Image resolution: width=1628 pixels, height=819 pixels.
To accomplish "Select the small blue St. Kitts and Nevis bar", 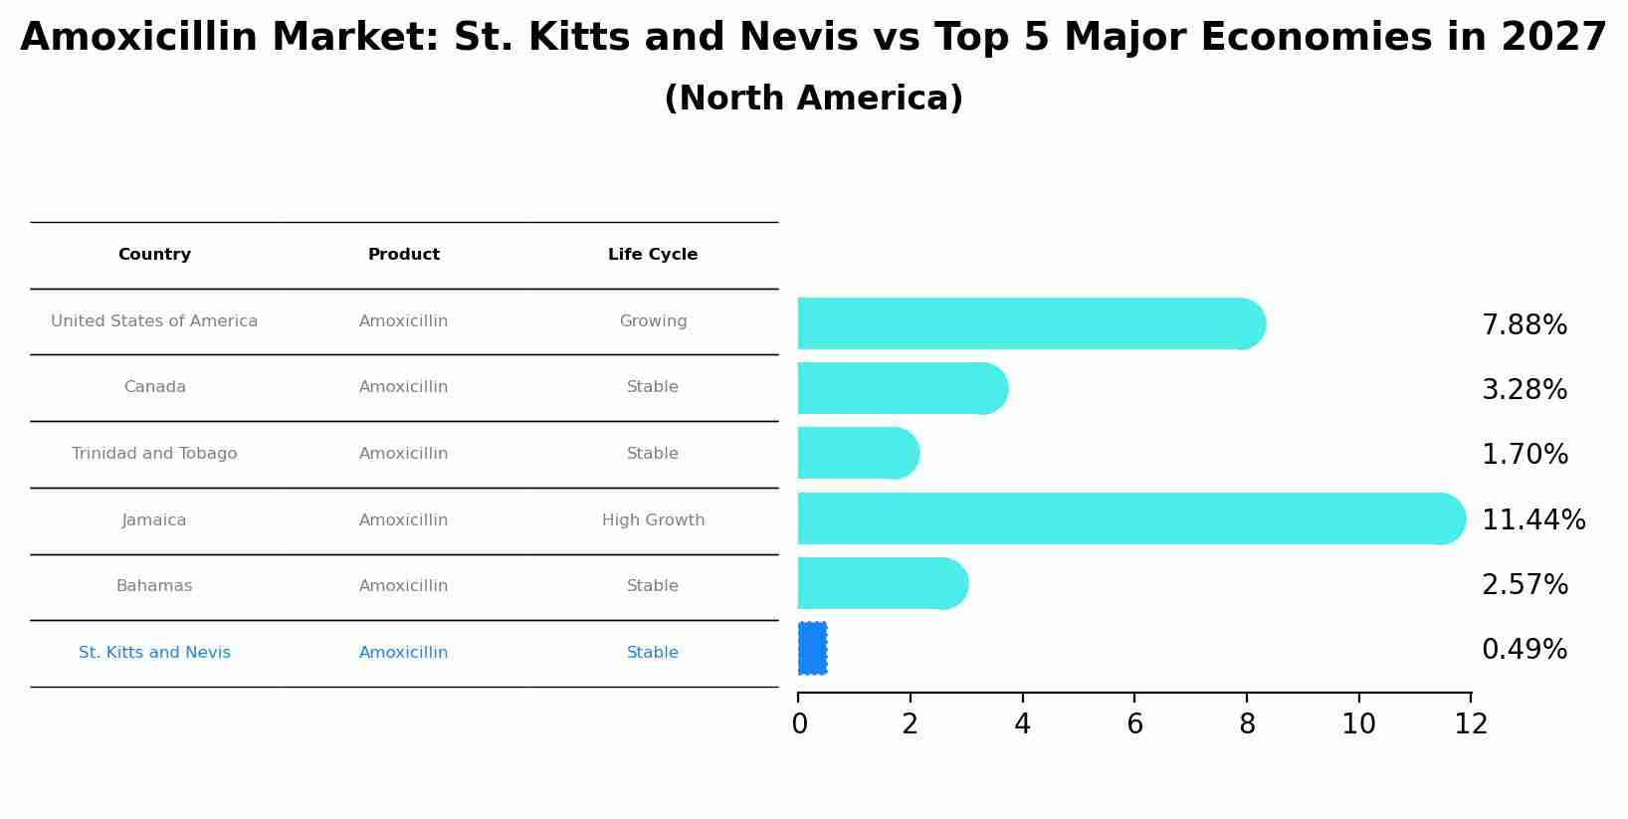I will (812, 648).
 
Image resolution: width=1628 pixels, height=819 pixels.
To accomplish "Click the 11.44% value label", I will (1532, 520).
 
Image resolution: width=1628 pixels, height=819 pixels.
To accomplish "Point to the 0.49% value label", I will (1524, 650).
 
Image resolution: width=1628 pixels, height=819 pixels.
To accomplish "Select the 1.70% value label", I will (1524, 455).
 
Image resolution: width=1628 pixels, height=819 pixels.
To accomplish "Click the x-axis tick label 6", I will (1134, 724).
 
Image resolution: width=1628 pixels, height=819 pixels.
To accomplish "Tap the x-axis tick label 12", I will (1470, 724).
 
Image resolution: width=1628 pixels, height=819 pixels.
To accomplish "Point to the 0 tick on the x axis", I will (799, 724).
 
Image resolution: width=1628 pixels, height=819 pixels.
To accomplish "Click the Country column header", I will (154, 255).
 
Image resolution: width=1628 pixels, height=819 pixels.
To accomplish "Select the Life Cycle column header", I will (653, 255).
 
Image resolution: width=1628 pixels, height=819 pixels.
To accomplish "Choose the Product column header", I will (403, 255).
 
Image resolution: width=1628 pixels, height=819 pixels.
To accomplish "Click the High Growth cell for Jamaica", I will (653, 520).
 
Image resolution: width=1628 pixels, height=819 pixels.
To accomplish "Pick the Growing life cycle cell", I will (653, 321).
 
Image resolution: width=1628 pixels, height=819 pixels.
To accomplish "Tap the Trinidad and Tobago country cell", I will (154, 454).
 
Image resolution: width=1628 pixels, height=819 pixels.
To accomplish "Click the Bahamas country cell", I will (154, 586).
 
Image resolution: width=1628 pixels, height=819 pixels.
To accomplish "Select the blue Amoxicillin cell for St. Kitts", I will (403, 653).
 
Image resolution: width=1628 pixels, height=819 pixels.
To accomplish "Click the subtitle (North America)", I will (813, 99).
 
